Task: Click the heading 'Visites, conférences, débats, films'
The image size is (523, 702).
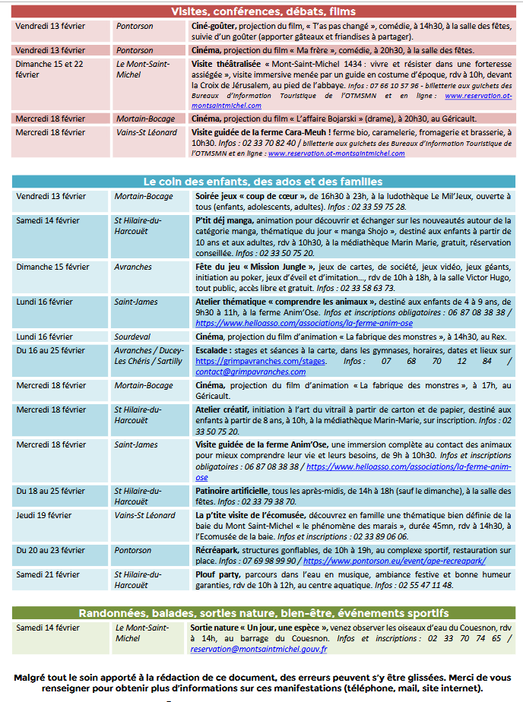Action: point(263,11)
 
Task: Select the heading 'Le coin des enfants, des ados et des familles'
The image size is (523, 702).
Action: point(263,182)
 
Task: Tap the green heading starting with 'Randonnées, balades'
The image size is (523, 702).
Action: point(263,612)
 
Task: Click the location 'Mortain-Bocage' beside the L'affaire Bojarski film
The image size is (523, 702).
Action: point(144,119)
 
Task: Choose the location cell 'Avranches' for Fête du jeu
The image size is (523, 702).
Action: point(134,267)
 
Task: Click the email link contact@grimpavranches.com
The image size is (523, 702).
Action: point(239,372)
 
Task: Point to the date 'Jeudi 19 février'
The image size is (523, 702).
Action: point(44,515)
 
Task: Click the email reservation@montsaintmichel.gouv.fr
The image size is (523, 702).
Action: point(258,649)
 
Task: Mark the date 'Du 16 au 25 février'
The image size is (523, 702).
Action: point(50,350)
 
